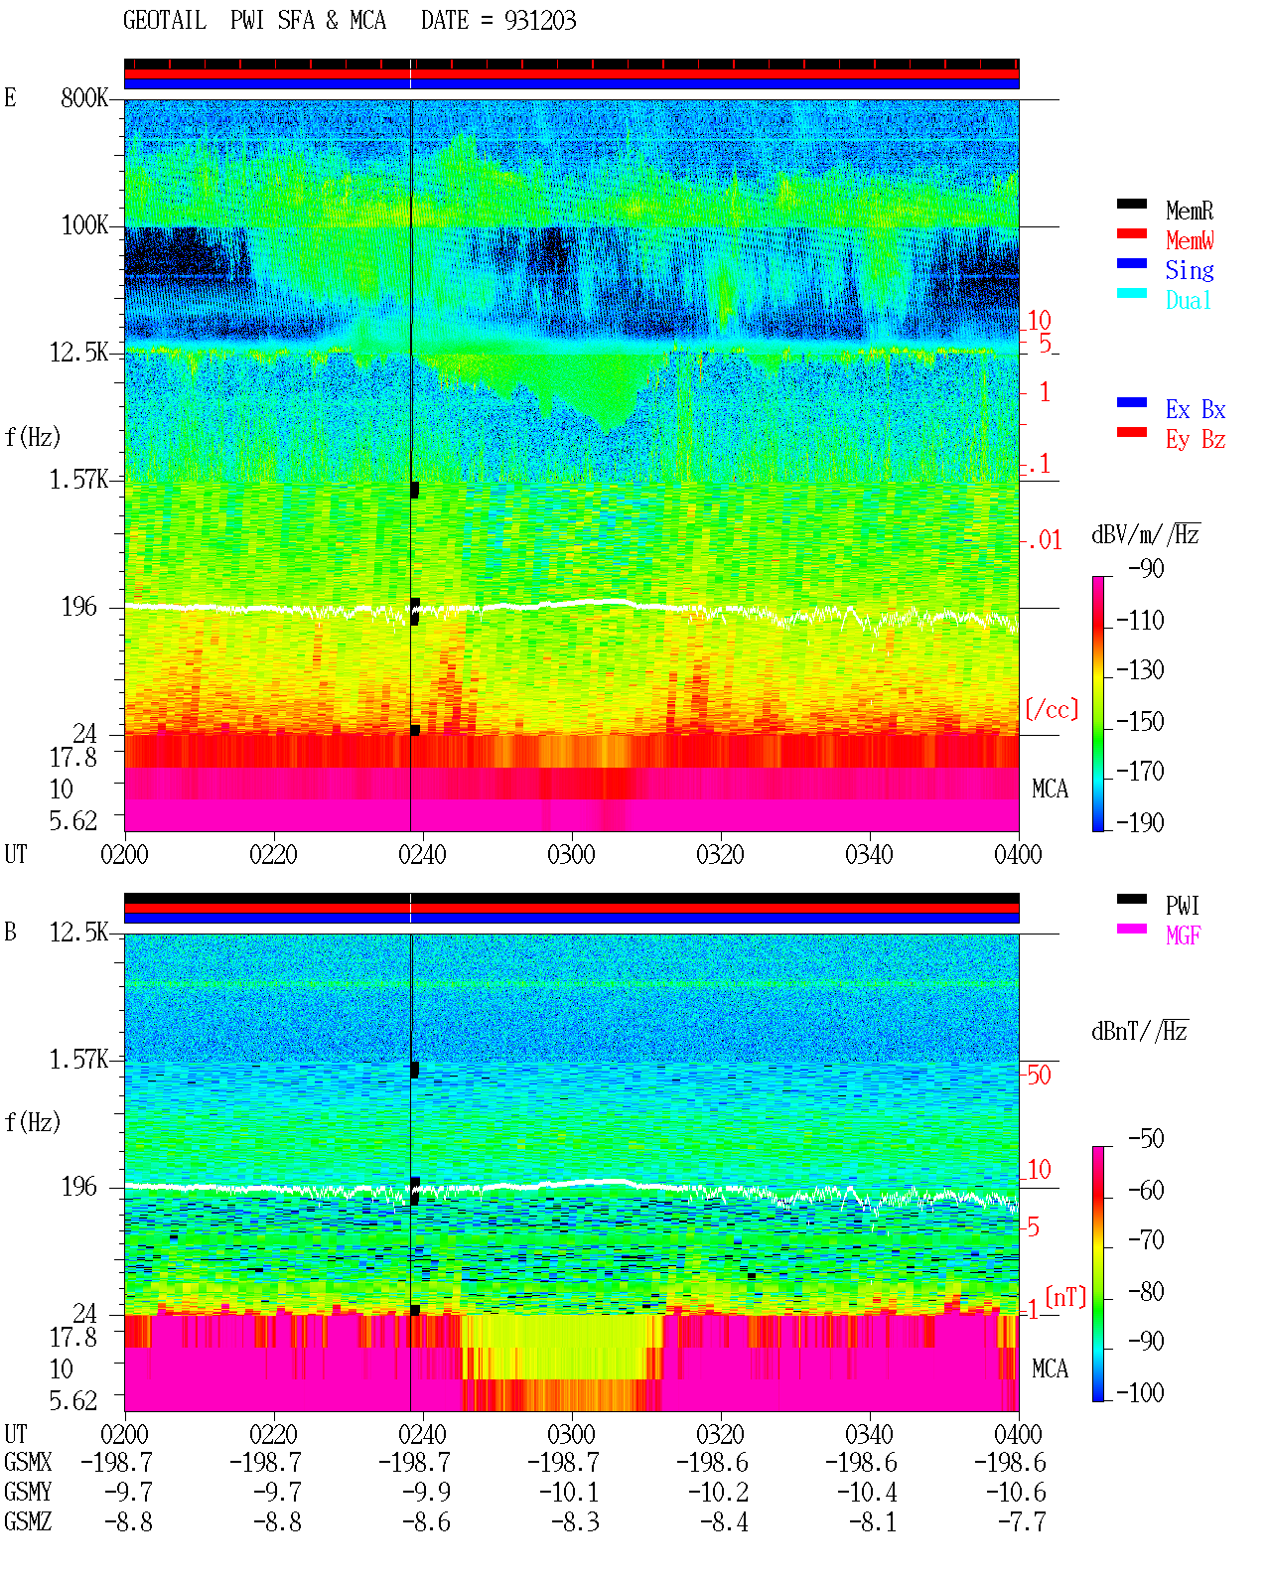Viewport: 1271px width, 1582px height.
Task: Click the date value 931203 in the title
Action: pyautogui.click(x=539, y=21)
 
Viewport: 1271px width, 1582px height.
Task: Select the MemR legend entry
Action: pyautogui.click(x=1190, y=211)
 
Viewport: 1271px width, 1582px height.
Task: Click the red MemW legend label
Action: pyautogui.click(x=1190, y=240)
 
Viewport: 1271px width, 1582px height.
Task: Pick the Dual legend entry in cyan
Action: pyautogui.click(x=1188, y=300)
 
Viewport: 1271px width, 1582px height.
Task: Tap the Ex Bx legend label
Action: pyautogui.click(x=1196, y=409)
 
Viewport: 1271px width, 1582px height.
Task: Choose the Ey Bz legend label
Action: pyautogui.click(x=1196, y=440)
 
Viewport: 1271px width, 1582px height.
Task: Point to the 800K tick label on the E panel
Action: pyautogui.click(x=84, y=97)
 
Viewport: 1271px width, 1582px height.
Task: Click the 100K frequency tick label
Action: pyautogui.click(x=84, y=225)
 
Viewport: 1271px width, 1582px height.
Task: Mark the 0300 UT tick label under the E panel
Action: pyautogui.click(x=571, y=855)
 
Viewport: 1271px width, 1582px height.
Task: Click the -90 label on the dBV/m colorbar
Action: pyautogui.click(x=1146, y=569)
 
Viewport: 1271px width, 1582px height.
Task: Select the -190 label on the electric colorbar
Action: pyautogui.click(x=1140, y=822)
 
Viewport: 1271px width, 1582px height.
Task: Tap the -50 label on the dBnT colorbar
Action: pyautogui.click(x=1146, y=1139)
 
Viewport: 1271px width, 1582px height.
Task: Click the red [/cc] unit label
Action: pyautogui.click(x=1052, y=709)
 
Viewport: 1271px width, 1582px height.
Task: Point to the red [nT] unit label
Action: pyautogui.click(x=1065, y=1297)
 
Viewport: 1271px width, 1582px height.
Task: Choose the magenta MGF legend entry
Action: pyautogui.click(x=1183, y=935)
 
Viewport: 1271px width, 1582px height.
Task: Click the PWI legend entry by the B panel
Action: pyautogui.click(x=1182, y=906)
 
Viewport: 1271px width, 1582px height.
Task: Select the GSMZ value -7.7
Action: pyautogui.click(x=1021, y=1521)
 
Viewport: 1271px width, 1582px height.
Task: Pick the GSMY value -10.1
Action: pyautogui.click(x=570, y=1493)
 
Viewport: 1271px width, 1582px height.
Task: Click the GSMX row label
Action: pyautogui.click(x=28, y=1462)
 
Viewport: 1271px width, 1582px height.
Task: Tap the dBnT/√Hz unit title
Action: pyautogui.click(x=1139, y=1032)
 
